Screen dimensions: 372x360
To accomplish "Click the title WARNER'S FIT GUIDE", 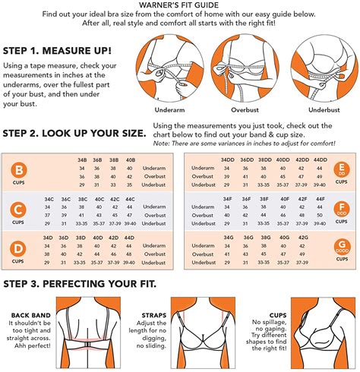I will coord(180,5).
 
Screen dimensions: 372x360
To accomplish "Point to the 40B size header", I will coord(130,159).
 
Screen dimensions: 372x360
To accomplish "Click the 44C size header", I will coord(130,199).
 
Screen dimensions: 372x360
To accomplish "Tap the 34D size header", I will coord(47,238).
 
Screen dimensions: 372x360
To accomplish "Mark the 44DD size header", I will coord(321,159).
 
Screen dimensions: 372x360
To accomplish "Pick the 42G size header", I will coord(304,238).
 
